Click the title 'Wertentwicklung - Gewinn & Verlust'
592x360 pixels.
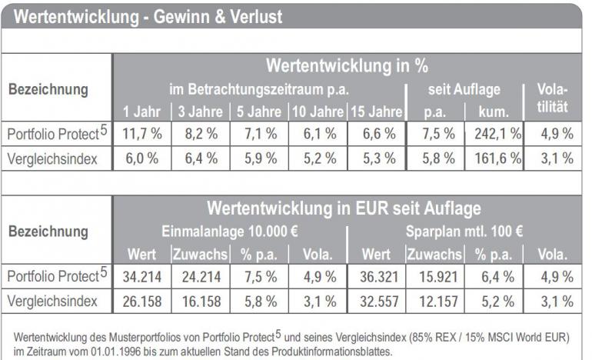(148, 17)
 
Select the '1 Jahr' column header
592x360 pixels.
(141, 111)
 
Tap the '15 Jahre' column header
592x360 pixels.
(376, 111)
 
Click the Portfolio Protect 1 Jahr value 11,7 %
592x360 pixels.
(141, 134)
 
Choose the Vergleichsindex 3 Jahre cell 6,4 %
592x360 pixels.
(201, 159)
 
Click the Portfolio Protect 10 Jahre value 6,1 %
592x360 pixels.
(318, 134)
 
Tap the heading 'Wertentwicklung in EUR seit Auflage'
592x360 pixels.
(344, 208)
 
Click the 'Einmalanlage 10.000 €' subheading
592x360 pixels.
(229, 231)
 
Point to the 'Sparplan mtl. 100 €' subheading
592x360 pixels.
(464, 231)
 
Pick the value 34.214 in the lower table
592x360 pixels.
(141, 275)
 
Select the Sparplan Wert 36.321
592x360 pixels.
(376, 275)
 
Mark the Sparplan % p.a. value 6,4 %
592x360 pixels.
(494, 275)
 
